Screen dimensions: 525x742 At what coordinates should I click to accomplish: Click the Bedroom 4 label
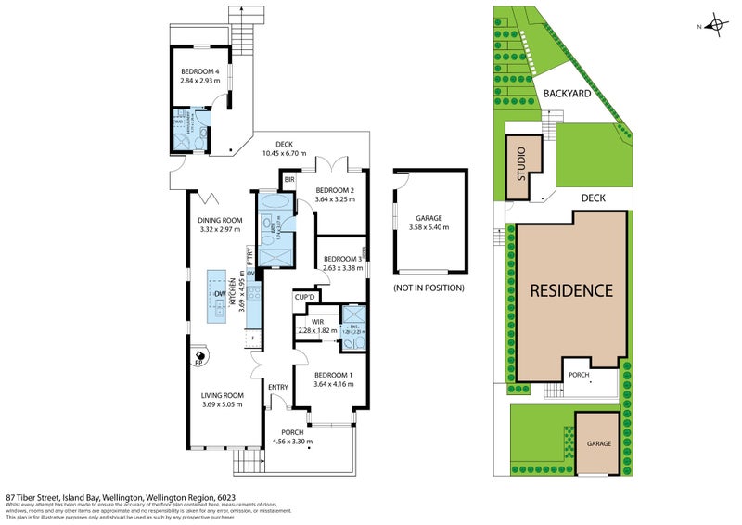[199, 71]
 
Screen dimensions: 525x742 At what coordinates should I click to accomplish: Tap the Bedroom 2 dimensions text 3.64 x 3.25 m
[340, 198]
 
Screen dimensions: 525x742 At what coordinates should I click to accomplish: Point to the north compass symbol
[715, 26]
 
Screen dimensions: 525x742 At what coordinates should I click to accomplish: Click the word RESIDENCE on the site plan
[570, 290]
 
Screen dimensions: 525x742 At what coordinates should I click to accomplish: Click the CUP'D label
[306, 297]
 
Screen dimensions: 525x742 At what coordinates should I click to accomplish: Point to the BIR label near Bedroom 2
[289, 179]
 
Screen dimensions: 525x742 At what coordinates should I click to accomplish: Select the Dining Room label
[220, 220]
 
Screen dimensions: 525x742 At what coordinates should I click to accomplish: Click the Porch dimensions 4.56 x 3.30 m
[292, 442]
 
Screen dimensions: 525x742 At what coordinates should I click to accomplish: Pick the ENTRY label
[278, 387]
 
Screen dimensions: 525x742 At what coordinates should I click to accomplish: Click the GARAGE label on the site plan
[598, 443]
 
